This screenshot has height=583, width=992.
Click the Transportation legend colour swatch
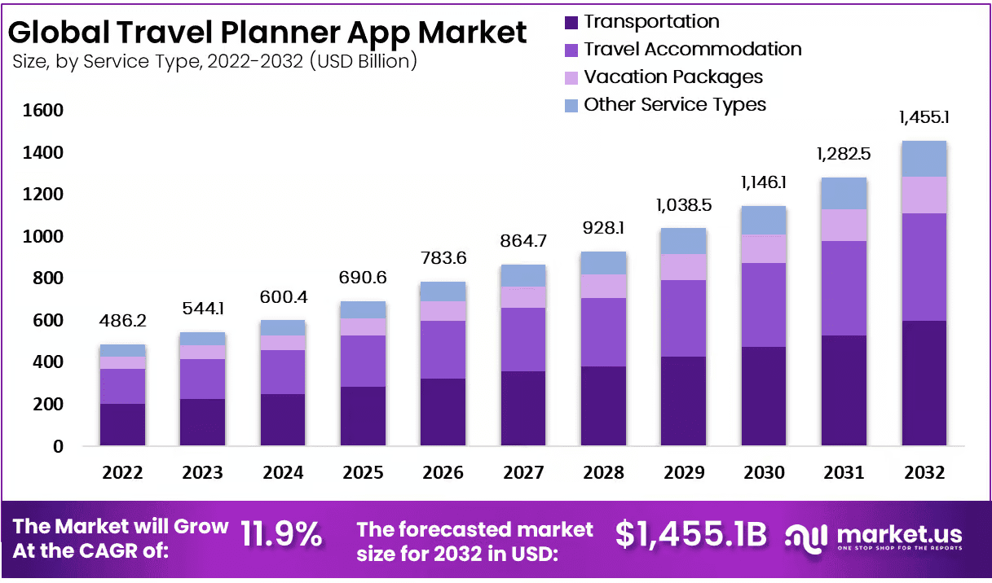(x=571, y=22)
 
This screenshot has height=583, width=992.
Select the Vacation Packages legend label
(x=673, y=77)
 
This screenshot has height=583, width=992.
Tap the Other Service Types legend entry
(x=675, y=105)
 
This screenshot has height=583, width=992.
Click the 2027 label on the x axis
(x=523, y=473)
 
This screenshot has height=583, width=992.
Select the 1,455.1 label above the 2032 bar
(x=924, y=117)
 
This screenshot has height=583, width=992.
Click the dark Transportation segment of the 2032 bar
(x=924, y=383)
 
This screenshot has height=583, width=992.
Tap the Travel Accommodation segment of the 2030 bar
(x=763, y=305)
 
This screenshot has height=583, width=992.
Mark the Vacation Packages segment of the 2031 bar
(x=844, y=225)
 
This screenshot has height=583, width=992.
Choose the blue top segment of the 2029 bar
(x=683, y=241)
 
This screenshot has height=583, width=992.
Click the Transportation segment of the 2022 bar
(x=122, y=424)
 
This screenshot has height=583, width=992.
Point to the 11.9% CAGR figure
(x=281, y=536)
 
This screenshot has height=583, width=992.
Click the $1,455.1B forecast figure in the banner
(x=690, y=535)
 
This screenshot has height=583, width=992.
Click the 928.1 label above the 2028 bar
(x=603, y=229)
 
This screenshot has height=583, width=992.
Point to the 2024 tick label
(x=283, y=473)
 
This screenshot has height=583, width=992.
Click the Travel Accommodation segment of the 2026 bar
(x=443, y=349)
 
